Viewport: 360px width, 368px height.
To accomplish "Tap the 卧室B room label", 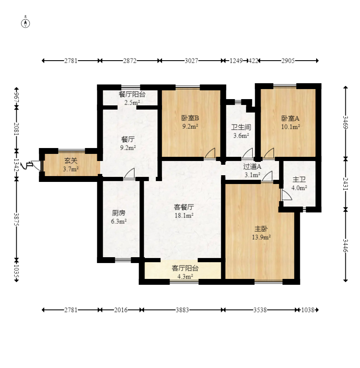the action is pyautogui.click(x=190, y=118).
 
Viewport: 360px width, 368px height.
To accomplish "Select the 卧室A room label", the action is pyautogui.click(x=290, y=118).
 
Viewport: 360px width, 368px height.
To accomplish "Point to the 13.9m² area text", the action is pyautogui.click(x=261, y=237).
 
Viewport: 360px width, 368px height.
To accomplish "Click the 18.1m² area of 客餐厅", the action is pyautogui.click(x=184, y=215).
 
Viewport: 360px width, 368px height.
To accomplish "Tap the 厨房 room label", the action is pyautogui.click(x=119, y=213).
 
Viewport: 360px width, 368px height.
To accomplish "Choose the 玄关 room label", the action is pyautogui.click(x=71, y=161).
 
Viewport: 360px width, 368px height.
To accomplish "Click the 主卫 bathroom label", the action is pyautogui.click(x=299, y=179).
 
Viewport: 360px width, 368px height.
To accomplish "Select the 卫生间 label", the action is pyautogui.click(x=241, y=127).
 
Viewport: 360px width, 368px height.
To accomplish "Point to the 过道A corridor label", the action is pyautogui.click(x=252, y=166).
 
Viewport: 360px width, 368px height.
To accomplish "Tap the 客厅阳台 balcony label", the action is pyautogui.click(x=185, y=268).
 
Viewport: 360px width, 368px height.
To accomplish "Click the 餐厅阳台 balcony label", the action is pyautogui.click(x=132, y=95).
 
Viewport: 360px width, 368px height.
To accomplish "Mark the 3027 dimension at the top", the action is pyautogui.click(x=191, y=61).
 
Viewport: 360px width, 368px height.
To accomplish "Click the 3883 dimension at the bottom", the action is pyautogui.click(x=183, y=310).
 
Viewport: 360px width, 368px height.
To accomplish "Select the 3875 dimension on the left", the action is pyautogui.click(x=16, y=220).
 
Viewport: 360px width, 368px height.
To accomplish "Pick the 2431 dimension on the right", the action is pyautogui.click(x=346, y=184).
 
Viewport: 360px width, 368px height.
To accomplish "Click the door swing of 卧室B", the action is pyautogui.click(x=210, y=153).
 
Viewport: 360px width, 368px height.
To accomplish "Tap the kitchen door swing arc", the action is pyautogui.click(x=129, y=174).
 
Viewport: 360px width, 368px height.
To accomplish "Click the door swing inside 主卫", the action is pyautogui.click(x=286, y=195).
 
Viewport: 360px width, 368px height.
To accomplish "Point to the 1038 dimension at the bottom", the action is pyautogui.click(x=307, y=310).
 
